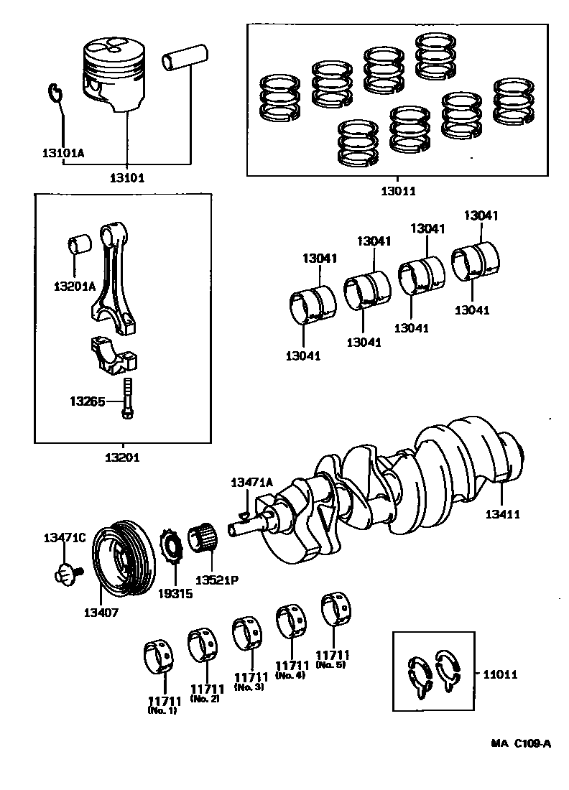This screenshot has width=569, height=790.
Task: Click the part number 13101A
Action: (63, 153)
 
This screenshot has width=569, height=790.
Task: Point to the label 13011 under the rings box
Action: (399, 191)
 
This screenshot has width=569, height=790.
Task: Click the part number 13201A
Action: (75, 286)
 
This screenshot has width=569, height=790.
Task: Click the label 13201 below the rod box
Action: (124, 457)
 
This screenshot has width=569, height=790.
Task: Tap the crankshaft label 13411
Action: (502, 514)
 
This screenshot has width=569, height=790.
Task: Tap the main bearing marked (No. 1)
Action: (157, 656)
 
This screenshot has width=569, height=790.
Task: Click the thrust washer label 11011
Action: (500, 674)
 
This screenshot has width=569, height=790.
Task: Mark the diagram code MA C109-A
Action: (521, 744)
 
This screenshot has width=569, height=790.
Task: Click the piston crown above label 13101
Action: (112, 50)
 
